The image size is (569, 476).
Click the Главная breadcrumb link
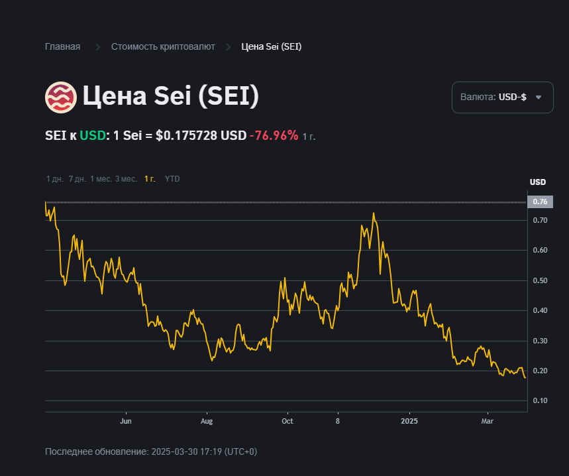[x=62, y=46]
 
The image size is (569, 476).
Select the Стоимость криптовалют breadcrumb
[x=163, y=46]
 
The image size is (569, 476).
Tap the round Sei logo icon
[x=61, y=97]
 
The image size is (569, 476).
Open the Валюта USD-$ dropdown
[x=502, y=97]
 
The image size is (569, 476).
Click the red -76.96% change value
[x=274, y=135]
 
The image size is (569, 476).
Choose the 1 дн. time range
[x=55, y=179]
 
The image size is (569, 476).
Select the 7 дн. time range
[x=78, y=179]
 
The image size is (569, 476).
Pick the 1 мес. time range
[x=101, y=179]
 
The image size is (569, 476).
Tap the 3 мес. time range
[x=126, y=179]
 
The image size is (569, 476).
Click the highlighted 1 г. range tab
[x=150, y=179]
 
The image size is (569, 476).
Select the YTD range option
[x=172, y=179]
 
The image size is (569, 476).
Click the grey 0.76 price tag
[x=539, y=202]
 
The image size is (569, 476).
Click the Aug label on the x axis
[x=207, y=421]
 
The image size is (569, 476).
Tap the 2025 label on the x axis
[x=409, y=421]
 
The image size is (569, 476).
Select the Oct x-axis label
[x=287, y=421]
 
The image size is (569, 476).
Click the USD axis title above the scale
[x=538, y=182]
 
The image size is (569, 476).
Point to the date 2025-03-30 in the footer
[x=172, y=451]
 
